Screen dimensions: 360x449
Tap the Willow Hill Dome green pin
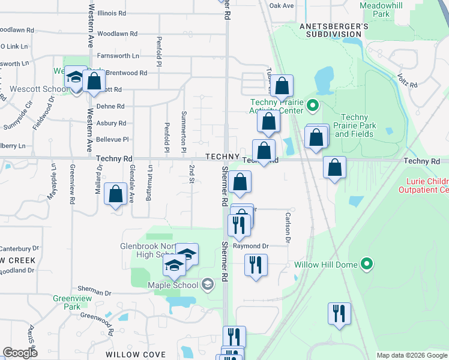[x=366, y=265]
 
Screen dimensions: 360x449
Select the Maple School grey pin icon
[x=207, y=284]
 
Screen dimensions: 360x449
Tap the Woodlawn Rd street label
[x=117, y=34]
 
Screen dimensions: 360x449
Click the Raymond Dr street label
[x=250, y=246]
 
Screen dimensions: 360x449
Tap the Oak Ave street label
[x=282, y=5]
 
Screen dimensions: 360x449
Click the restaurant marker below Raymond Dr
[x=256, y=265]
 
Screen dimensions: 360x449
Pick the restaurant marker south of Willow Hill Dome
[x=339, y=313]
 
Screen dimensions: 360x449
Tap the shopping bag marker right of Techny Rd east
[x=334, y=168]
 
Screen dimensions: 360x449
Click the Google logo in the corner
[x=20, y=353]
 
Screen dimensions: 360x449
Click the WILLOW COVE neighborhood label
[x=135, y=355]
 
